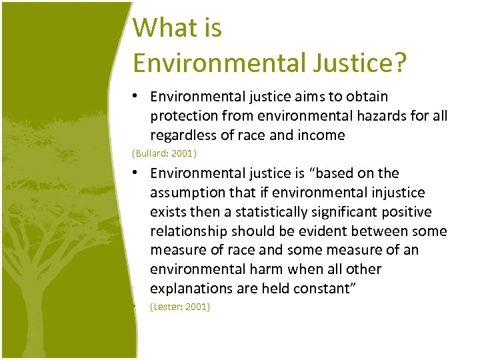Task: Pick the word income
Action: [x=322, y=136]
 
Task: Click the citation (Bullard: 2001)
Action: [x=165, y=154]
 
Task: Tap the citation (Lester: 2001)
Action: [x=180, y=307]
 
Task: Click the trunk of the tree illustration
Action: [x=67, y=300]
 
